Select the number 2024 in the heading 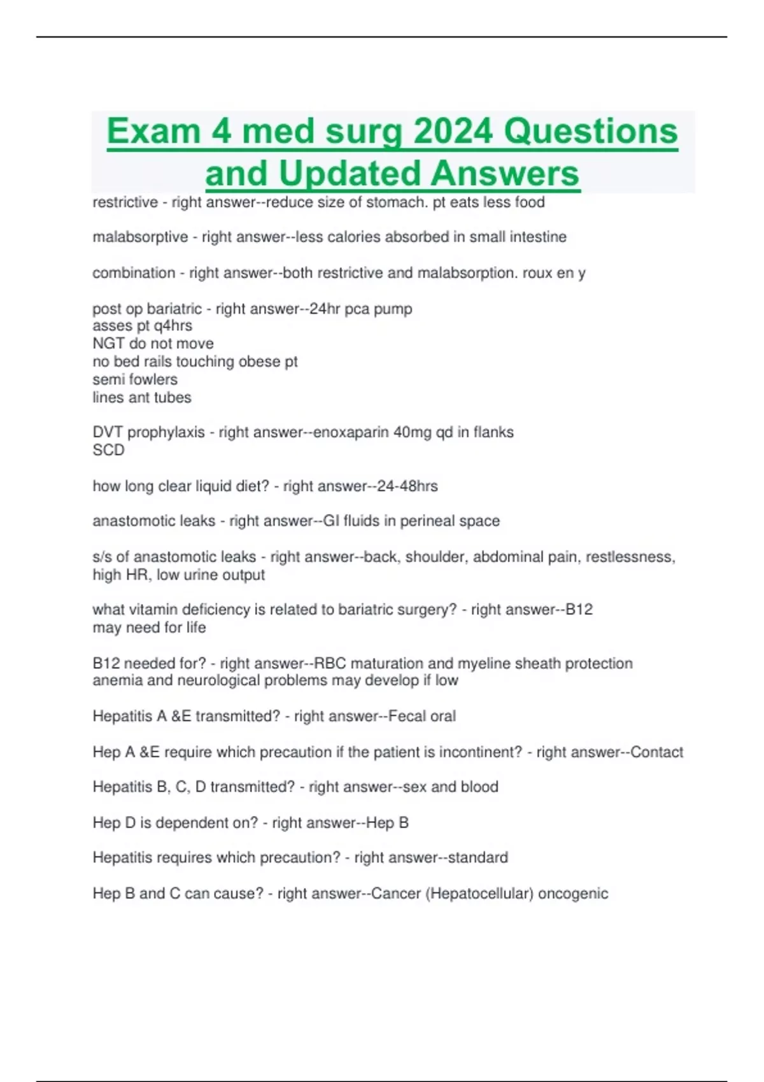click(x=453, y=131)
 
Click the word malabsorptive click(x=140, y=237)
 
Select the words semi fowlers click(x=135, y=379)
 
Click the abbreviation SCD click(x=108, y=450)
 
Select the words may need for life click(x=149, y=628)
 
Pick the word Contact click(x=657, y=752)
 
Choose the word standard click(x=478, y=857)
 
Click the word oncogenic click(x=573, y=893)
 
